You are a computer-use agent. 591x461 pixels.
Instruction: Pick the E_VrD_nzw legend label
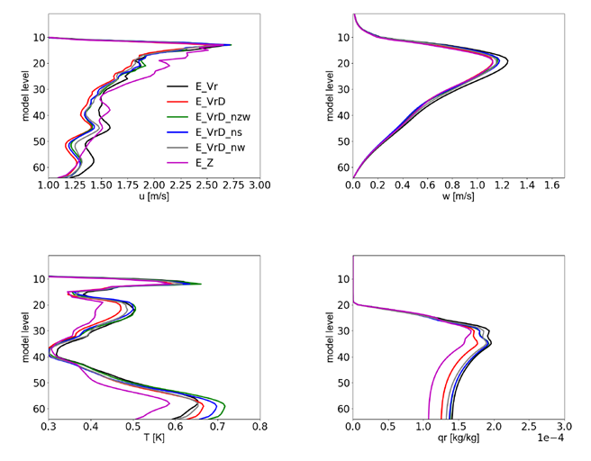coord(223,117)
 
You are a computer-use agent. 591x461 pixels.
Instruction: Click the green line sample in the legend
coord(177,117)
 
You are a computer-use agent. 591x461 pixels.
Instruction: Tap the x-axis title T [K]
coord(154,442)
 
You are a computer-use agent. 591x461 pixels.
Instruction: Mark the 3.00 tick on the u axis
coord(259,185)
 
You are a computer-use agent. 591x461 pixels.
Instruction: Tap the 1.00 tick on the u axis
coord(49,185)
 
